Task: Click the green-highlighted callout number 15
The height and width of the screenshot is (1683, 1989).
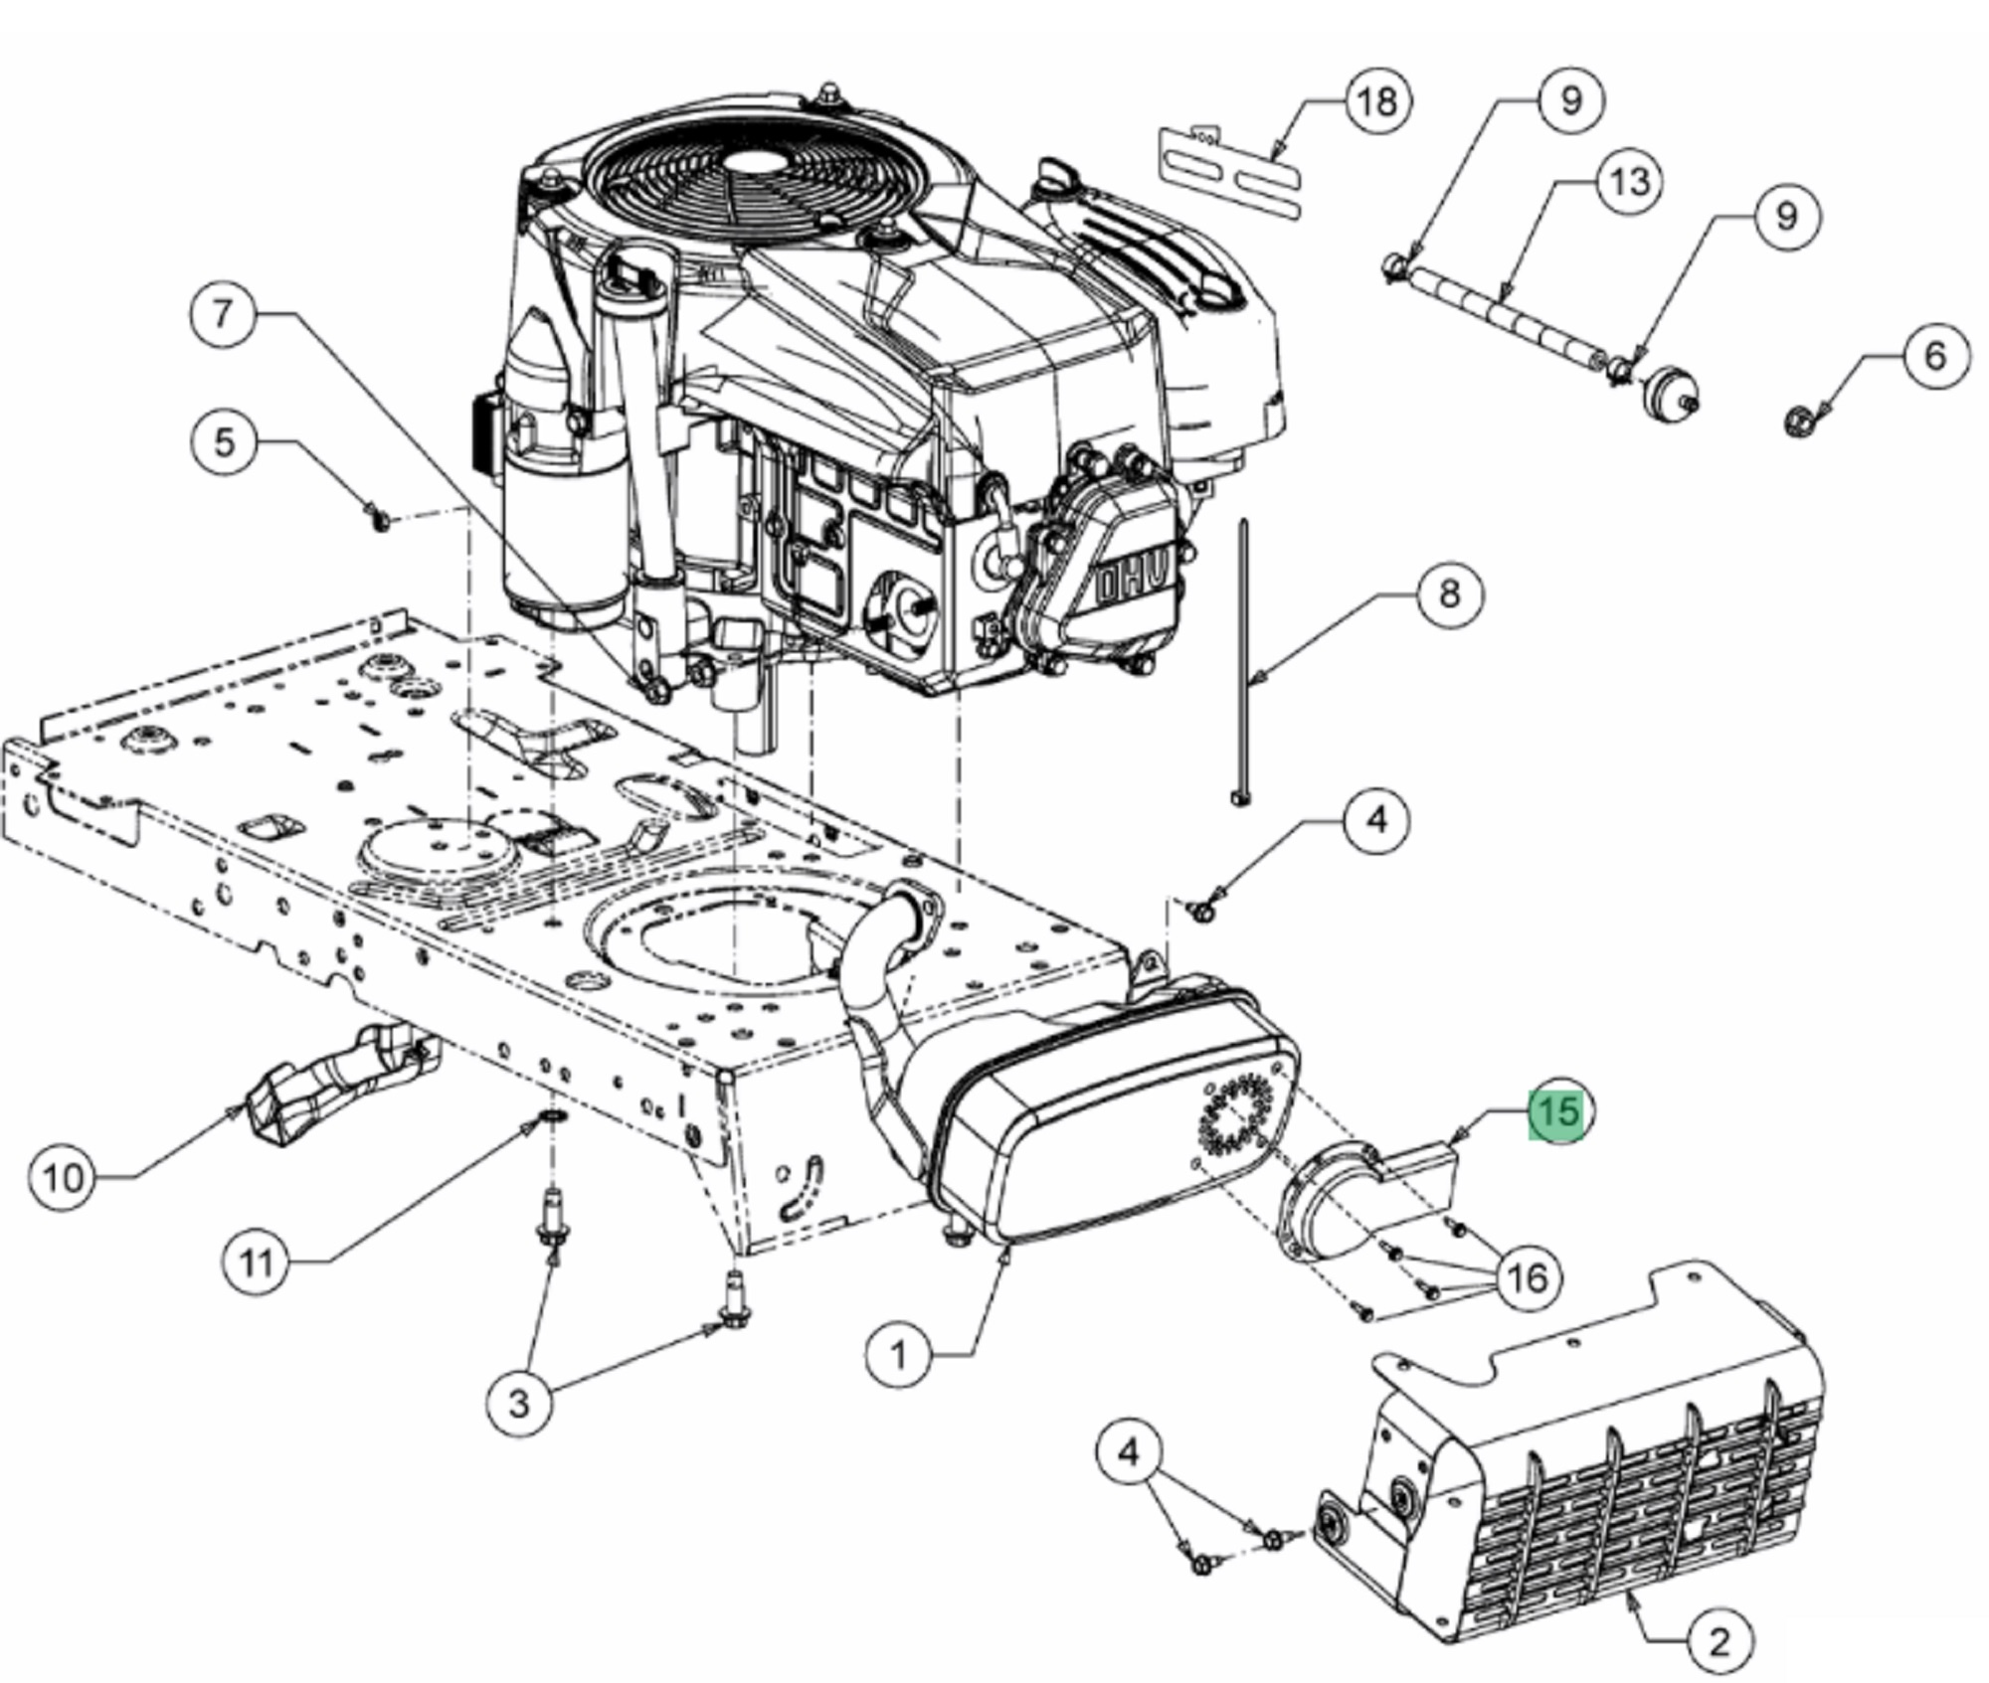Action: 1558,1111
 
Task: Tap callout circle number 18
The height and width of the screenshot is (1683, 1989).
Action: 1377,100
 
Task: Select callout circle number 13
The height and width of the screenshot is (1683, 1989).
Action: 1629,181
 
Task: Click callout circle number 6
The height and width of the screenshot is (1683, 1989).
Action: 1934,355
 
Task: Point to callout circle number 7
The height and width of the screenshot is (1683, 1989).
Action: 222,313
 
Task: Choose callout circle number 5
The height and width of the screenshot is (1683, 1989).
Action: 224,441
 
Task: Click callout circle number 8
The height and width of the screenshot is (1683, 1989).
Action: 1449,593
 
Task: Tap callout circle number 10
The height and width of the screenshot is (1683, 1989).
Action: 64,1178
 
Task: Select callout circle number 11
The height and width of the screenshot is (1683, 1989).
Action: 256,1263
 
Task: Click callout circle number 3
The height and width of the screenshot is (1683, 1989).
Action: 518,1403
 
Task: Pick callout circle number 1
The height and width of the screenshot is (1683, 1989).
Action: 898,1354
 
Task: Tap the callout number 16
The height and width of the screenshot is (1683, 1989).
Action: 1528,1278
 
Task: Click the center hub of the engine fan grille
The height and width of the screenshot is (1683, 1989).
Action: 746,161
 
